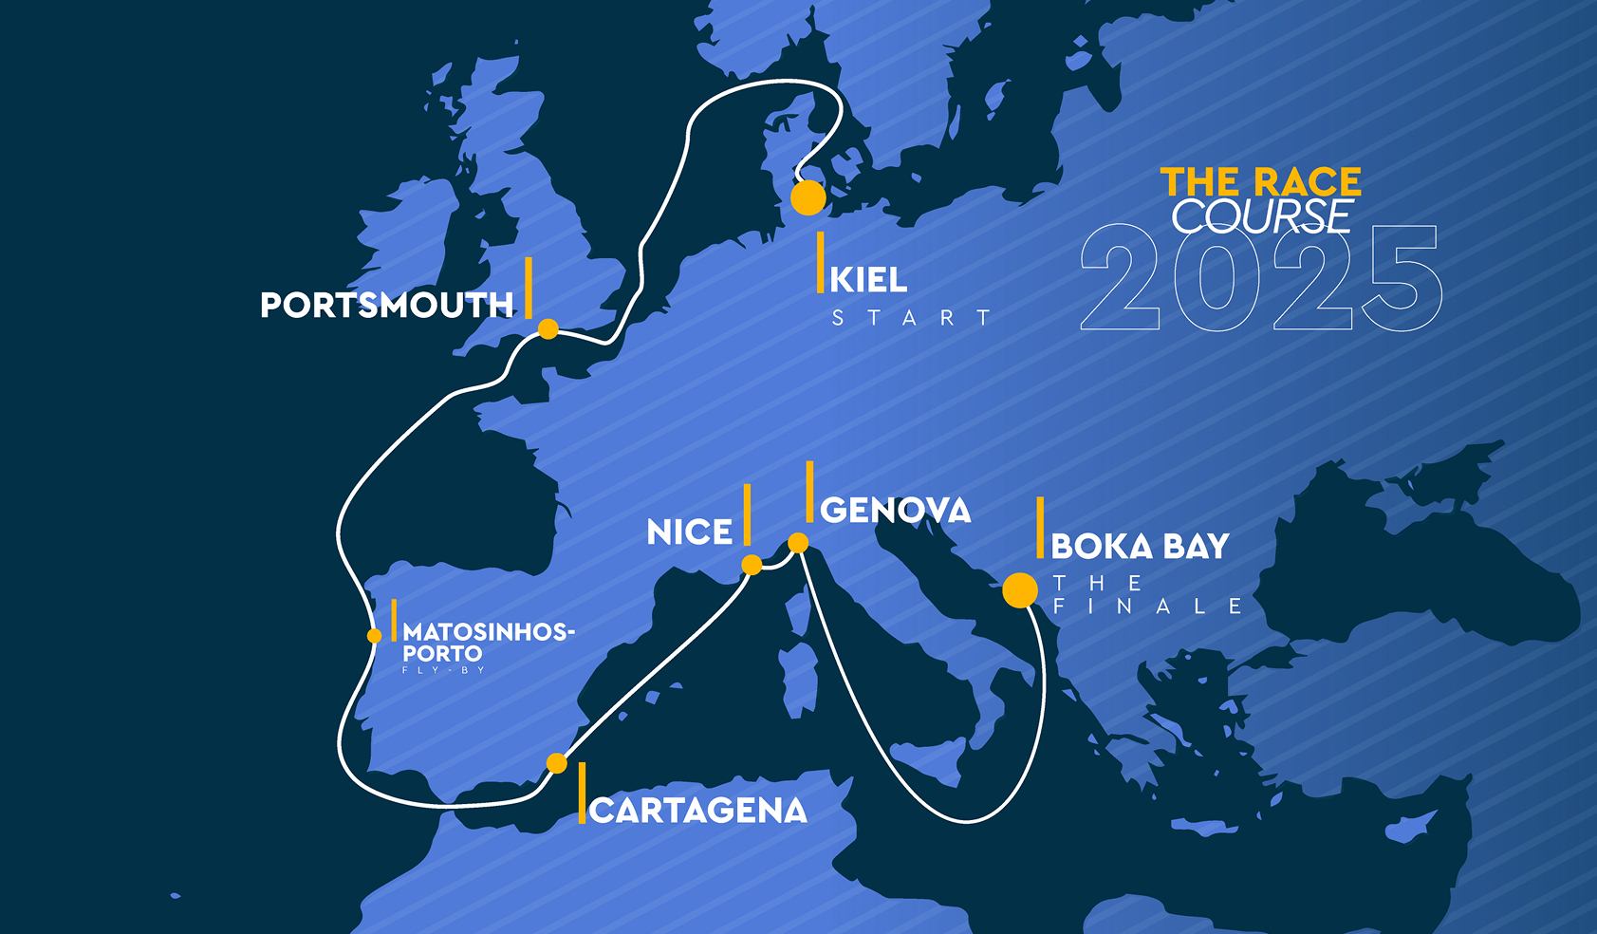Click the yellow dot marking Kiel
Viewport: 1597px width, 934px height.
point(808,197)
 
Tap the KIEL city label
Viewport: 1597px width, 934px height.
point(868,280)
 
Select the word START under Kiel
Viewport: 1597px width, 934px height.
point(911,318)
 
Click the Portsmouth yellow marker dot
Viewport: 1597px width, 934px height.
point(548,329)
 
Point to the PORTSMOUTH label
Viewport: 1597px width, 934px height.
point(387,305)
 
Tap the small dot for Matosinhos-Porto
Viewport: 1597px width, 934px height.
point(375,636)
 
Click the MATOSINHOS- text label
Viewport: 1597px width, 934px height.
point(489,632)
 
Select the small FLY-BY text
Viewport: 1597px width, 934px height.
point(443,670)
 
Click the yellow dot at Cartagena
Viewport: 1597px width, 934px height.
point(557,763)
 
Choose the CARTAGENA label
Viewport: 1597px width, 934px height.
point(698,811)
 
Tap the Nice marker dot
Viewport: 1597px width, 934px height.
point(752,565)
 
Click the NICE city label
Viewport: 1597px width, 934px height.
point(690,532)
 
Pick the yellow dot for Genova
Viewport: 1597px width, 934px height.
point(799,543)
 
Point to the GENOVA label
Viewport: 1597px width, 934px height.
point(896,511)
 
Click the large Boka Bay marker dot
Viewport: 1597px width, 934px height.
point(1020,590)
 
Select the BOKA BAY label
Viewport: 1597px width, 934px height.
point(1140,547)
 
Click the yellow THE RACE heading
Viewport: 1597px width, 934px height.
point(1261,181)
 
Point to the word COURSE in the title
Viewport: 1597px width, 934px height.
point(1261,216)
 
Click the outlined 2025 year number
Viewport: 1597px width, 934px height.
point(1261,278)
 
